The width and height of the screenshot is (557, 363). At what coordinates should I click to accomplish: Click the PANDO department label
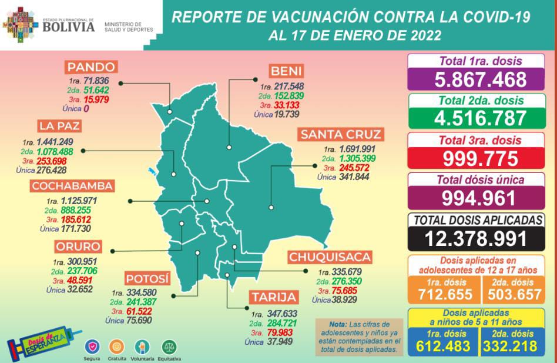pos(91,66)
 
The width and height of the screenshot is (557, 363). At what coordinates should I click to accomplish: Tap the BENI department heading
pos(286,72)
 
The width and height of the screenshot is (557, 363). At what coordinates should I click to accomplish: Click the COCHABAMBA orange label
pos(72,187)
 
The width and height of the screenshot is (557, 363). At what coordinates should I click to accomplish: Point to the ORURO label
pos(78,246)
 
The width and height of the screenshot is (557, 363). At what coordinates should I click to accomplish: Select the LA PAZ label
pos(59,126)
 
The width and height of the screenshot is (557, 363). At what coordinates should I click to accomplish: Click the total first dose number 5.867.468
pos(480,79)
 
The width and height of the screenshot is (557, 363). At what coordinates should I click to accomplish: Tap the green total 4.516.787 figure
pos(480,118)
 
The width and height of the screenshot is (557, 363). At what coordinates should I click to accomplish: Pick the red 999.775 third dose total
pos(480,158)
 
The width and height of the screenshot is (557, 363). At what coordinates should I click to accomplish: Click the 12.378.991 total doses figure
pos(480,239)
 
